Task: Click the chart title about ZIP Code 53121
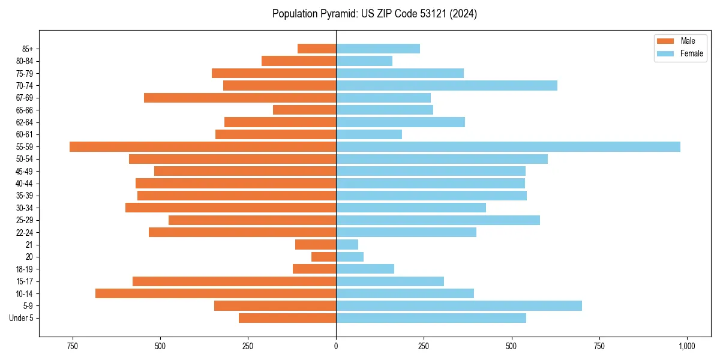click(374, 14)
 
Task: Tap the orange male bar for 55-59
click(203, 147)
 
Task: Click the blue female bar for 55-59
click(508, 147)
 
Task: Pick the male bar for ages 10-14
click(215, 293)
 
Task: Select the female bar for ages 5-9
click(458, 306)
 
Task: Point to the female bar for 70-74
click(446, 86)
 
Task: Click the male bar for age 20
click(323, 257)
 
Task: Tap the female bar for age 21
click(347, 245)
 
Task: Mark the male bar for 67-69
click(240, 98)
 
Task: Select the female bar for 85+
click(377, 49)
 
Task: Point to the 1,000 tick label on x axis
click(686, 346)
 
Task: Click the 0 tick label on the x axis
click(336, 346)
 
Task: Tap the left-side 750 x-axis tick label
click(73, 346)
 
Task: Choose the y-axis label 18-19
click(23, 269)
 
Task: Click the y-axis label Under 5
click(21, 318)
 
